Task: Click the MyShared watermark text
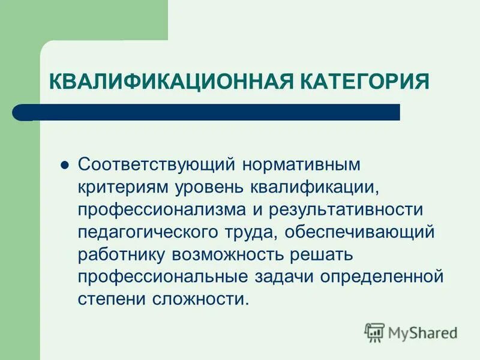click(x=423, y=332)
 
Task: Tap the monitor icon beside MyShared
click(x=374, y=332)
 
